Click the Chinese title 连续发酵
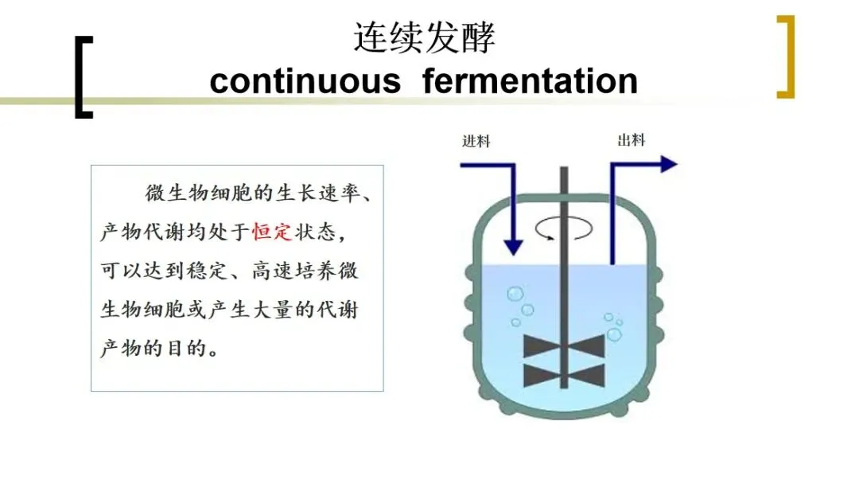[424, 37]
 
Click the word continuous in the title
[305, 81]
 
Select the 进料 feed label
[476, 141]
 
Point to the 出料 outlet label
[632, 140]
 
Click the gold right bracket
[786, 57]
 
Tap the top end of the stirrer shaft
[564, 171]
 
